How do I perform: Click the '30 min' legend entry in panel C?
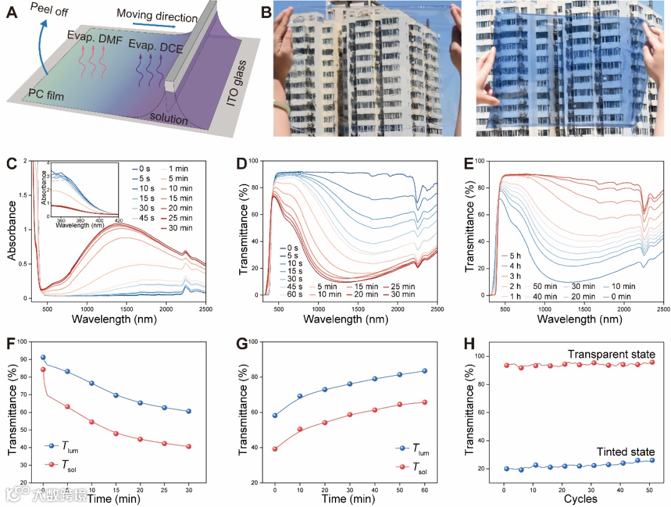[181, 229]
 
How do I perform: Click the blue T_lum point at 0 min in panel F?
[43, 357]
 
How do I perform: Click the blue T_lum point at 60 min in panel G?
[425, 371]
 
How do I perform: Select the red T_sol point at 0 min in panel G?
[275, 449]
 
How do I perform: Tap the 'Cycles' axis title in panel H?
[581, 499]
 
